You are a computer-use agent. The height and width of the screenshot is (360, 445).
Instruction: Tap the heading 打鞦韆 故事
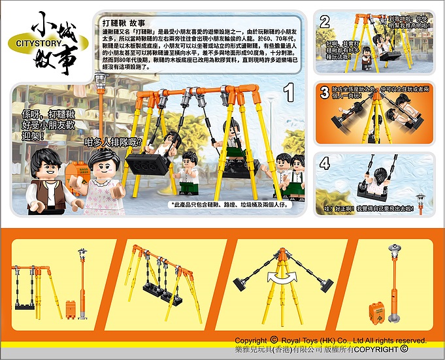129,21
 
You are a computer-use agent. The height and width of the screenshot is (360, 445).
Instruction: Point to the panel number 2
325,22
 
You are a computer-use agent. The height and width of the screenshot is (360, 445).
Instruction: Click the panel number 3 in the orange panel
325,93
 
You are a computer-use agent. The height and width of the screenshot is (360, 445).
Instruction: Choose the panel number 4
325,165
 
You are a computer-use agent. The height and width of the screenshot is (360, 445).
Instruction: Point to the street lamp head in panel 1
100,82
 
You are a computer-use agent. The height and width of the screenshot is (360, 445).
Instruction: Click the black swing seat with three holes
148,163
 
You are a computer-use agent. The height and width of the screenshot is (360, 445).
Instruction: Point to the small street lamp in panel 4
421,202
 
